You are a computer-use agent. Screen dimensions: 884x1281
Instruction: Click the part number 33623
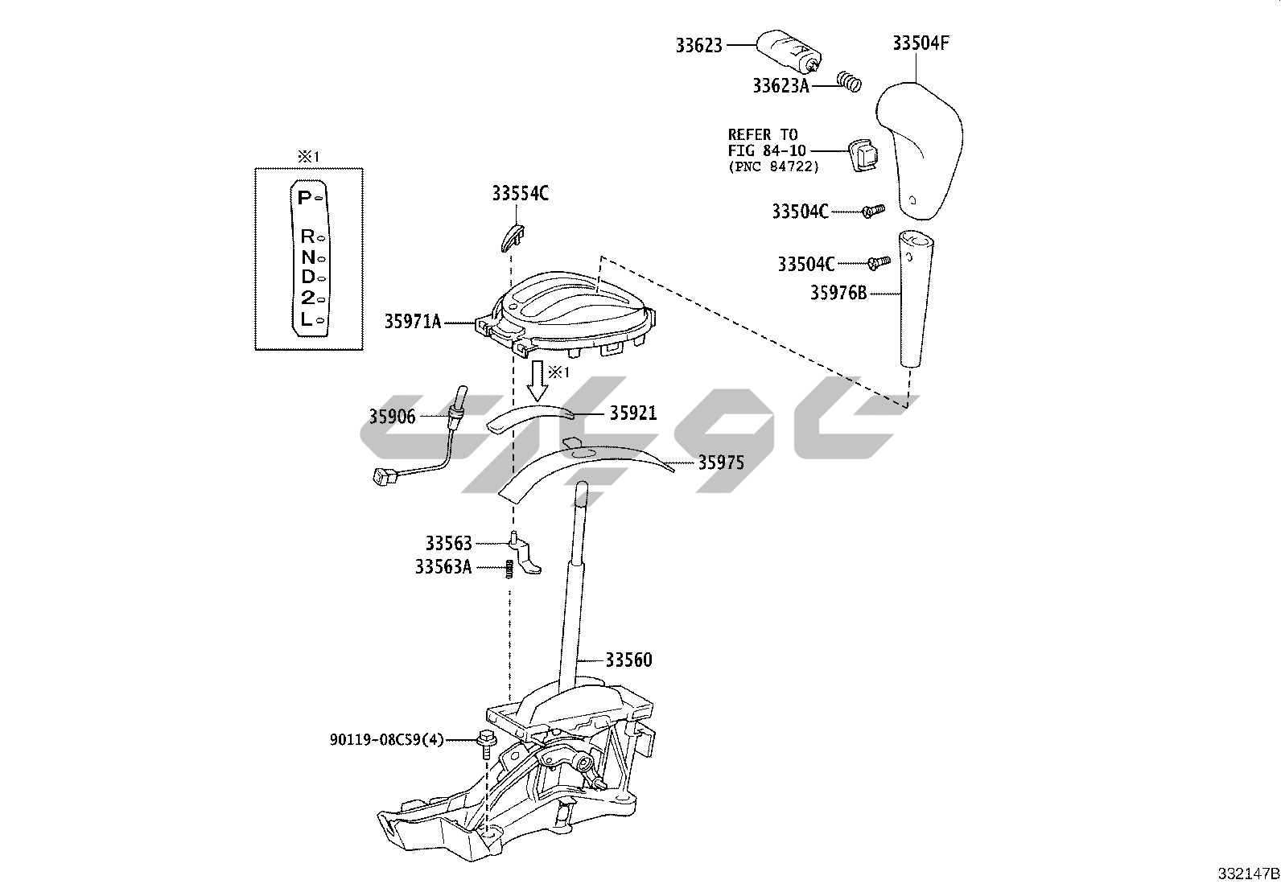pos(698,47)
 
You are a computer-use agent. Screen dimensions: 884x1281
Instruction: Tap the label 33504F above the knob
pos(921,43)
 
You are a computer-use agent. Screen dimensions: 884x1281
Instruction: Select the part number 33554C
pos(521,194)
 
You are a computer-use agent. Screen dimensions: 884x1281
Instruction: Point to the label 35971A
pos(412,323)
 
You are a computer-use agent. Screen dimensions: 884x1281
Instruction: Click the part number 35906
pos(392,417)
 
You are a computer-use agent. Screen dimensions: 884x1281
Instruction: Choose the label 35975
pos(720,463)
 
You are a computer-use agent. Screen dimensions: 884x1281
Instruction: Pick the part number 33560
pos(628,660)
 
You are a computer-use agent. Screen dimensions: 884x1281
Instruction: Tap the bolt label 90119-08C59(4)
pos(386,739)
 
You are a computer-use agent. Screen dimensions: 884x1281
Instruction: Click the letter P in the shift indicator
pos(303,198)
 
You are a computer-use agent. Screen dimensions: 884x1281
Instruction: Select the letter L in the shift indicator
pos(305,319)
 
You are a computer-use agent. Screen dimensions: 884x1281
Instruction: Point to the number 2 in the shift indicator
pos(307,298)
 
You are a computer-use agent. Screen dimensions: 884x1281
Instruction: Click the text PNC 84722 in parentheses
pos(773,167)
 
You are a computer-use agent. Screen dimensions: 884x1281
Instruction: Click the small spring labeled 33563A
pos(509,568)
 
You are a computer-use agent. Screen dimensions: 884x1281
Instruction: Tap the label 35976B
pos(838,294)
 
